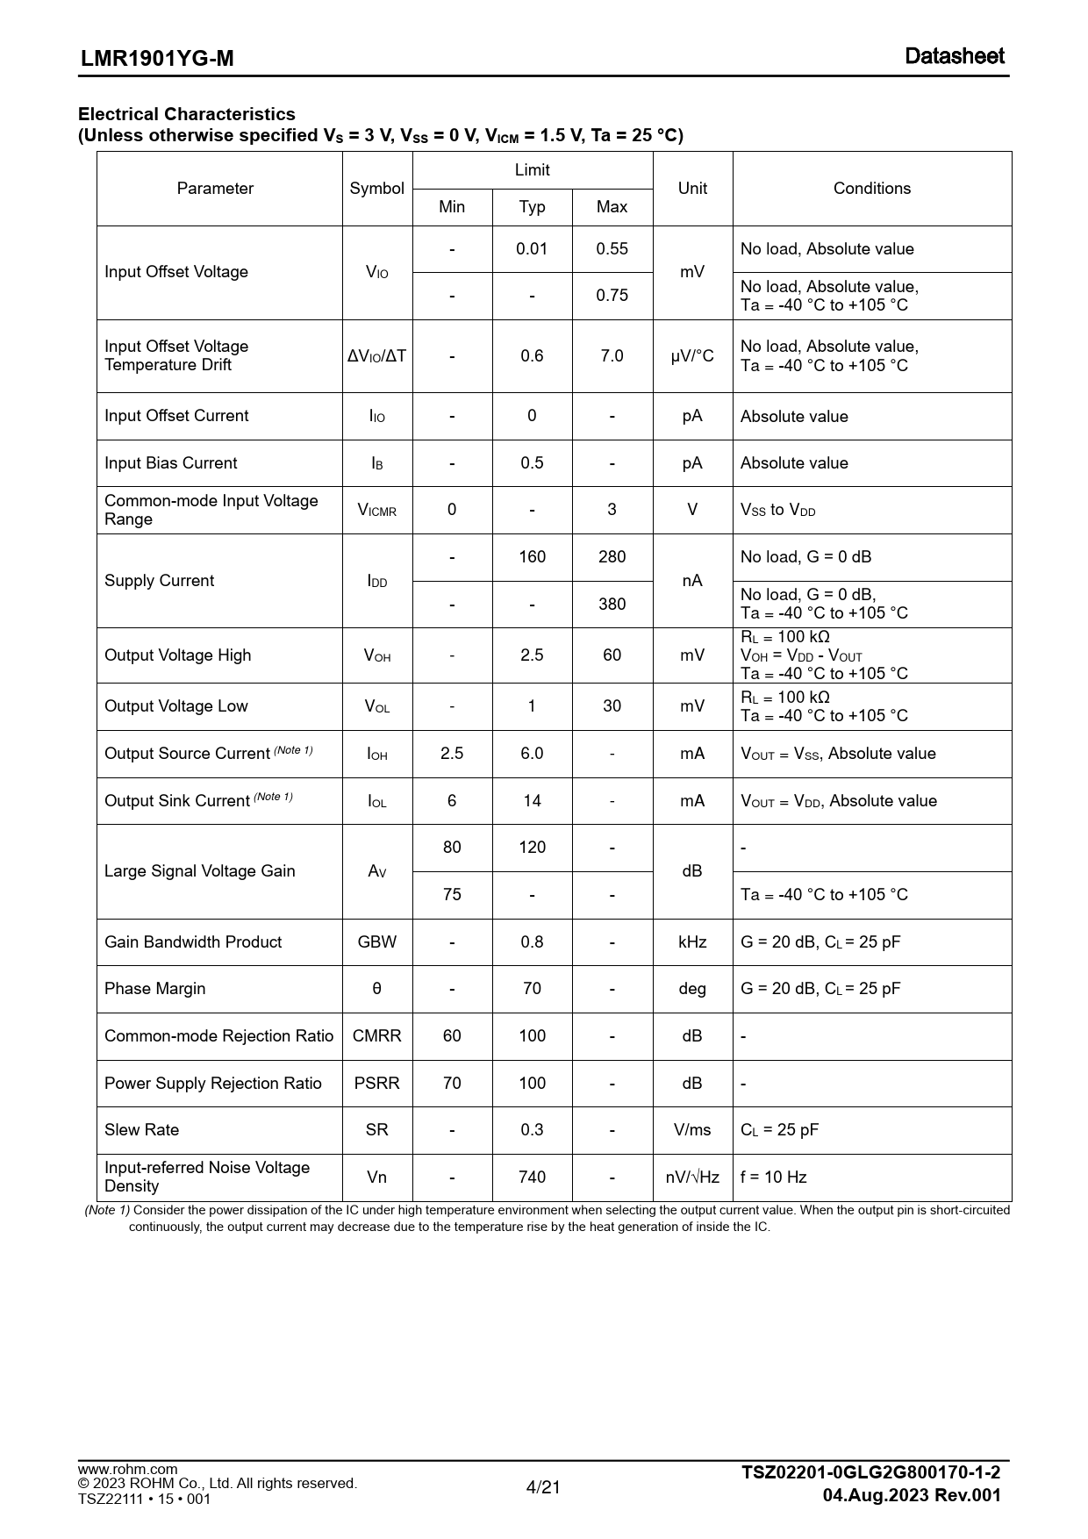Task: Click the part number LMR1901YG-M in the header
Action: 157,59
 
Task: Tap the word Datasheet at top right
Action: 955,56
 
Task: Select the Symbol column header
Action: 376,189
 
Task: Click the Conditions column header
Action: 871,189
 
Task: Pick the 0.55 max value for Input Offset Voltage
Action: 612,249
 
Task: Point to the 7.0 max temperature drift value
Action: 612,356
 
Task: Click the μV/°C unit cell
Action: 692,356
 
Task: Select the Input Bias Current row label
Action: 170,463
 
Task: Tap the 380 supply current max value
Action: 612,605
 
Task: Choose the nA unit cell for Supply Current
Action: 692,581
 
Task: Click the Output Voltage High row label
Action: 177,655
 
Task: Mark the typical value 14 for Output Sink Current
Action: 532,801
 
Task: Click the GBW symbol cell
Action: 376,942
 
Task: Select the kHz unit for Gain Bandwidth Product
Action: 692,942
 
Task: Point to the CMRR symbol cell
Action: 376,1036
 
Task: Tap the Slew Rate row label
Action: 141,1130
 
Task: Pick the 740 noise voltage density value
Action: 532,1178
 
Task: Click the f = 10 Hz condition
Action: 773,1178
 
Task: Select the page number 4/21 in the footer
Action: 543,1487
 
